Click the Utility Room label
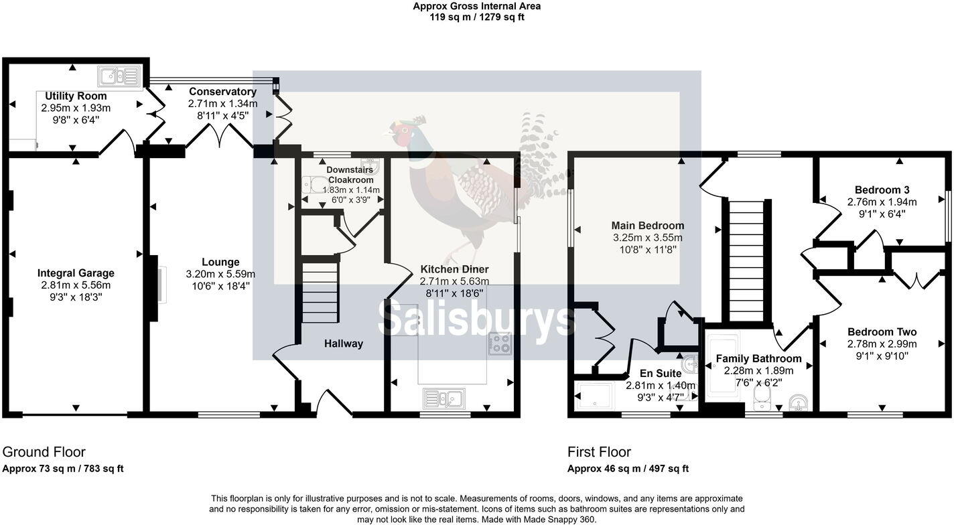point(76,96)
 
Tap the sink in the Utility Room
point(120,76)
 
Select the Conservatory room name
point(222,92)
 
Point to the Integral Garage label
point(76,273)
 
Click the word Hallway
point(344,344)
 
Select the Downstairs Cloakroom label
point(350,175)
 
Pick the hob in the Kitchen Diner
point(500,344)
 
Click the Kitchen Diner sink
point(444,398)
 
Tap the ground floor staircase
point(319,293)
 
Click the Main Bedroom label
point(647,226)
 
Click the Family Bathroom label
point(758,359)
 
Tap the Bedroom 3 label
point(882,190)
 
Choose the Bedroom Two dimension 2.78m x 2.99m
point(882,344)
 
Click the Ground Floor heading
point(44,452)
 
